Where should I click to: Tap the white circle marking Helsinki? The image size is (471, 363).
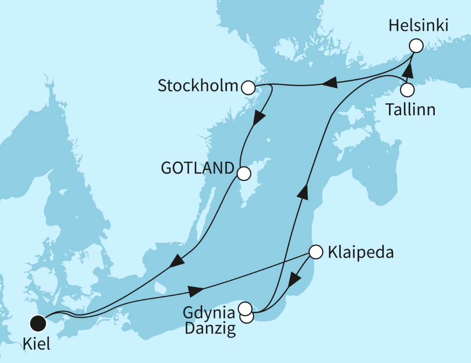point(416,46)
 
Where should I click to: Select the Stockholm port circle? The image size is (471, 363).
point(248,87)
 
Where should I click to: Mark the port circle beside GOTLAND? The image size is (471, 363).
point(243,173)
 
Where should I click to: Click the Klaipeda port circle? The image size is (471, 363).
point(315,252)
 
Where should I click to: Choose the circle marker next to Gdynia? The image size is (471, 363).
point(245,308)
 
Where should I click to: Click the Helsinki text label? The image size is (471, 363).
point(418,26)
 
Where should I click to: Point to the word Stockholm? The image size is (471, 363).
point(198,87)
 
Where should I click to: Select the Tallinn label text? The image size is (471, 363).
point(410,110)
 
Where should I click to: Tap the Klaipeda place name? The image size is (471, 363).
point(360,252)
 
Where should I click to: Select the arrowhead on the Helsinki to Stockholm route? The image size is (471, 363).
point(329,84)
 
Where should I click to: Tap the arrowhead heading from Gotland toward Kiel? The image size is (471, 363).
point(177,261)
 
